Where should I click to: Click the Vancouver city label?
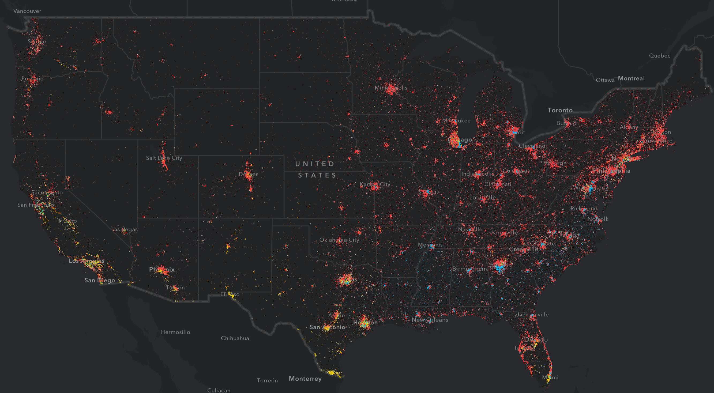pyautogui.click(x=27, y=11)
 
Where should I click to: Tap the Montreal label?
pyautogui.click(x=631, y=78)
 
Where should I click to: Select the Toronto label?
pyautogui.click(x=560, y=110)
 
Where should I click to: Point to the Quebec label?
pyautogui.click(x=660, y=56)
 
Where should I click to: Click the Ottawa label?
pyautogui.click(x=605, y=80)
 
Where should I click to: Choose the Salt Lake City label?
pyautogui.click(x=164, y=158)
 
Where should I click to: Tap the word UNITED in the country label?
pyautogui.click(x=315, y=164)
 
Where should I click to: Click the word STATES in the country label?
pyautogui.click(x=317, y=175)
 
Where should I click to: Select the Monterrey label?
pyautogui.click(x=305, y=379)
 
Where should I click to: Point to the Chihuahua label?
pyautogui.click(x=235, y=338)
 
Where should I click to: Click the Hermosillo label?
pyautogui.click(x=175, y=332)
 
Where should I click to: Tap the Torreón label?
pyautogui.click(x=267, y=380)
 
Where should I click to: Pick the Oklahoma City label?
pyautogui.click(x=339, y=240)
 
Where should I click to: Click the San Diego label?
pyautogui.click(x=100, y=280)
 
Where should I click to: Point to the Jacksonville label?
pyautogui.click(x=532, y=315)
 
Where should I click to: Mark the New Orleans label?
pyautogui.click(x=430, y=320)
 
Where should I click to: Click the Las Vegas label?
pyautogui.click(x=124, y=229)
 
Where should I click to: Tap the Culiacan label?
pyautogui.click(x=219, y=390)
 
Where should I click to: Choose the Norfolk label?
pyautogui.click(x=598, y=219)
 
